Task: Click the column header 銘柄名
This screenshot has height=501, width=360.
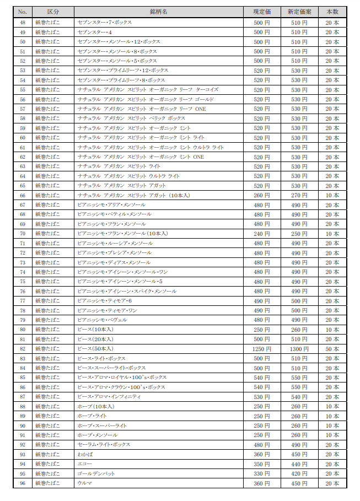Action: pos(158,12)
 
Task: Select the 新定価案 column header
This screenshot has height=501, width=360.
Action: pos(299,12)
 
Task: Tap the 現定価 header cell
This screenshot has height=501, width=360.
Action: pos(262,12)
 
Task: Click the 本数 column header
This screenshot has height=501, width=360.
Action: pos(332,12)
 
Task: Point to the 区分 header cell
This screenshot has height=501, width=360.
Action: pos(53,12)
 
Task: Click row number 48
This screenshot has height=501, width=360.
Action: pos(23,23)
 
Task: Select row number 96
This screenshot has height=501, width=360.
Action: pos(23,483)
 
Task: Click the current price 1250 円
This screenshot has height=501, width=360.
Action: pos(262,349)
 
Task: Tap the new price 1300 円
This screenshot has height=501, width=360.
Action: pos(299,349)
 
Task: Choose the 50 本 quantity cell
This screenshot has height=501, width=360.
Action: pos(332,349)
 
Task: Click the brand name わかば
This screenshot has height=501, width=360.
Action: pos(85,454)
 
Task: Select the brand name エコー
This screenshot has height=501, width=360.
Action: pos(85,464)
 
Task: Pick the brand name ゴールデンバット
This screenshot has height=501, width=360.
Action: pos(96,473)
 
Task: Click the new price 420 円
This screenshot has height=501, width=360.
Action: pos(299,473)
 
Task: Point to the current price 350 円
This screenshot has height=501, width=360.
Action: pos(262,464)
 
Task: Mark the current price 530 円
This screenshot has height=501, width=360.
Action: pos(262,397)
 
